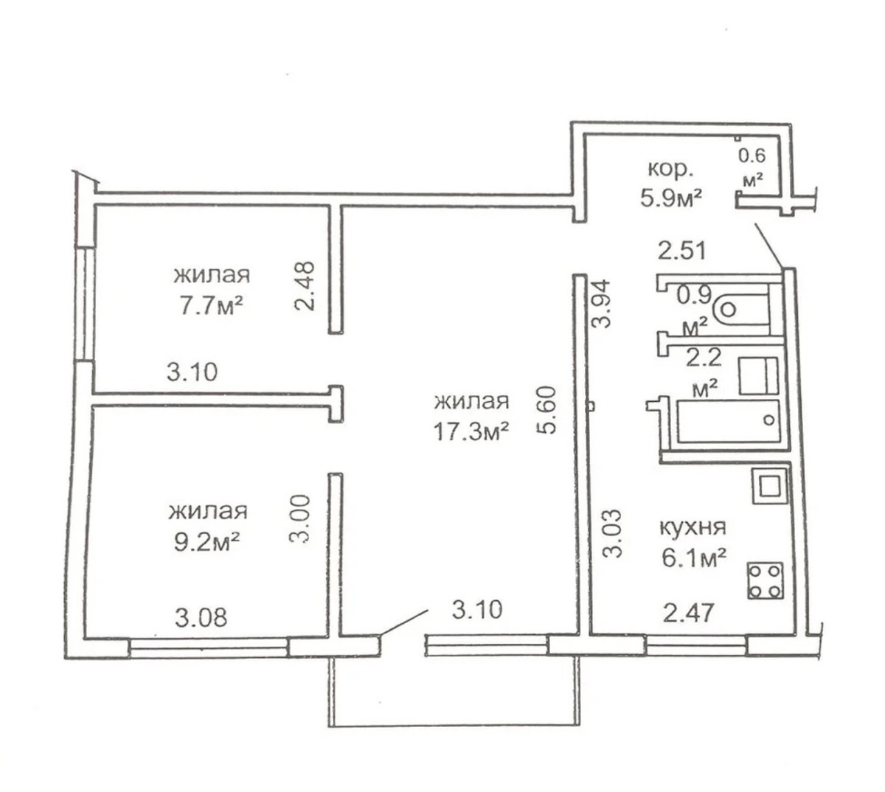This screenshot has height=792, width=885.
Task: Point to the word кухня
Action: [692, 527]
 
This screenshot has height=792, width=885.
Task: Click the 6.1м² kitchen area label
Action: [694, 557]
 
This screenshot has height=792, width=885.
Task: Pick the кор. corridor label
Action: [670, 169]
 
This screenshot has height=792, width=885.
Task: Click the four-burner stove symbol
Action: [765, 580]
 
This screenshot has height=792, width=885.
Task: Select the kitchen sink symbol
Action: [769, 486]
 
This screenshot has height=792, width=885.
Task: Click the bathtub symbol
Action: [728, 420]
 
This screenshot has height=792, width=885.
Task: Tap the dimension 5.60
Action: [546, 410]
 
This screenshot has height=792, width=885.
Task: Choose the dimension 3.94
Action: [600, 303]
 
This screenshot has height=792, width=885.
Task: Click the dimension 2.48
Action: [303, 285]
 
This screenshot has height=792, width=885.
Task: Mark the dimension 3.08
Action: [201, 618]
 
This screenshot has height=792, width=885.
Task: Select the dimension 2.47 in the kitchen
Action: [688, 613]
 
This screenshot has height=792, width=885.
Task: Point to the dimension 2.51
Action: [682, 251]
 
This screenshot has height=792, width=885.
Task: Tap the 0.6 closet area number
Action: [752, 156]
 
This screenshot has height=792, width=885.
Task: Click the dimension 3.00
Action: [299, 518]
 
